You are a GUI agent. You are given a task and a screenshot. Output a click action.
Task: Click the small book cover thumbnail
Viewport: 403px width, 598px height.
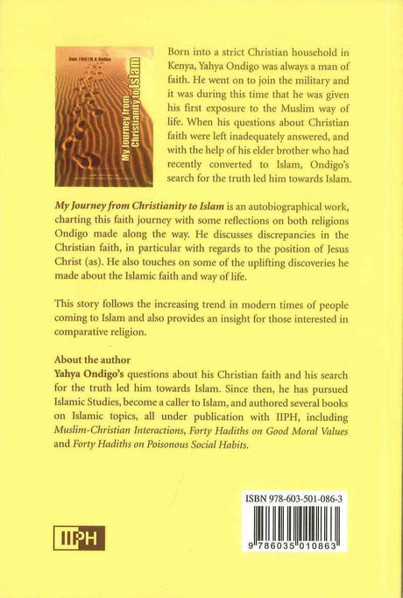(91, 117)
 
